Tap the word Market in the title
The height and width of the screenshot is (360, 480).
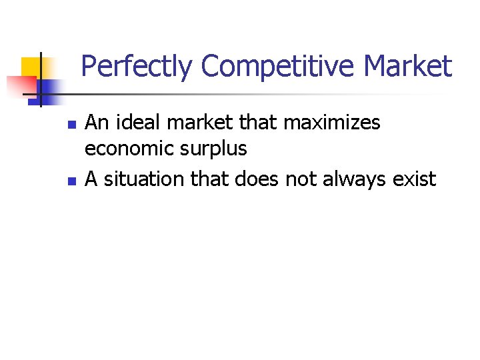tap(409, 67)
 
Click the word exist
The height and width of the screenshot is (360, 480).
tap(415, 179)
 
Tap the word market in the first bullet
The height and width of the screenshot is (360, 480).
tap(192, 123)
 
